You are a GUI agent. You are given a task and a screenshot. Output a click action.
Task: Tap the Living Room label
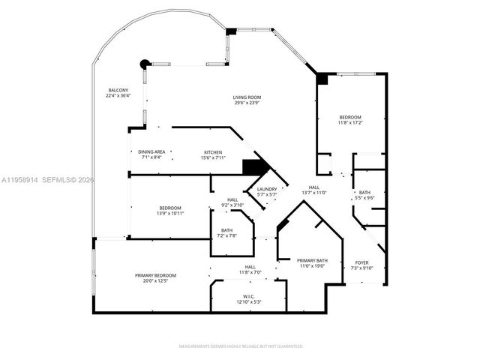(x=246, y=97)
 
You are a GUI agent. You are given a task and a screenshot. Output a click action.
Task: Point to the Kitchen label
(x=213, y=152)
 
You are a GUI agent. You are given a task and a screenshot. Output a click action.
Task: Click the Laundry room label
(x=268, y=189)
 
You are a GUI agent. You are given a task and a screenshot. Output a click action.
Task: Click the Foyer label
(x=361, y=262)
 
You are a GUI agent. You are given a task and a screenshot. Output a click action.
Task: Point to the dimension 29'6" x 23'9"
(x=246, y=103)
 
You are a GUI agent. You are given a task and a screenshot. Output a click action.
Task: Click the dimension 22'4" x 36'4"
(x=118, y=96)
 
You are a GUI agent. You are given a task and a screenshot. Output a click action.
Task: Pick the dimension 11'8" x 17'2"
(x=350, y=123)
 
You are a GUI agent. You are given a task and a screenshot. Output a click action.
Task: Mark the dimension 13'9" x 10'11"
(x=169, y=213)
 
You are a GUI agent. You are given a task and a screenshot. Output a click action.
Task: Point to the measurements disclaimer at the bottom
(x=240, y=346)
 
